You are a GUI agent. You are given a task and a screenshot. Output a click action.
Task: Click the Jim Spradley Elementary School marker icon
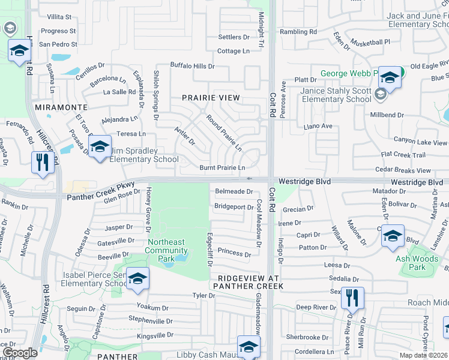tap(100, 146)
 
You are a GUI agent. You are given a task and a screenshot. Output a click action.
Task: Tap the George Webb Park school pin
tap(390, 77)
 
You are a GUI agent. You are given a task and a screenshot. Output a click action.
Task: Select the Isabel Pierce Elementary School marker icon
tap(137, 279)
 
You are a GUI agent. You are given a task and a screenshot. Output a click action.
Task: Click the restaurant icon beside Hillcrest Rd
tap(43, 163)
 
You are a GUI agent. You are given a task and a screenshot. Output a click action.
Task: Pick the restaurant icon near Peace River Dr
tap(352, 298)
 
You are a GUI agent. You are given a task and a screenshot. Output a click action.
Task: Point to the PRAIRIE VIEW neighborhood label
tap(211, 97)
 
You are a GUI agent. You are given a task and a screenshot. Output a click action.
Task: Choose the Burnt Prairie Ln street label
tap(223, 167)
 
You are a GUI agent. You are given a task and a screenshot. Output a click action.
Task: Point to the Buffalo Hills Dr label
tap(192, 66)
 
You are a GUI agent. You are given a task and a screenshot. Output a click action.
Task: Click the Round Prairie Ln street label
tap(224, 133)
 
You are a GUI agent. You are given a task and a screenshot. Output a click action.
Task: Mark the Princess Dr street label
tap(234, 254)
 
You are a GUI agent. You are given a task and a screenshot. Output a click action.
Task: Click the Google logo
tap(20, 353)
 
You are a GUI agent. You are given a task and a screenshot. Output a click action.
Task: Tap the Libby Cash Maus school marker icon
tap(249, 346)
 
